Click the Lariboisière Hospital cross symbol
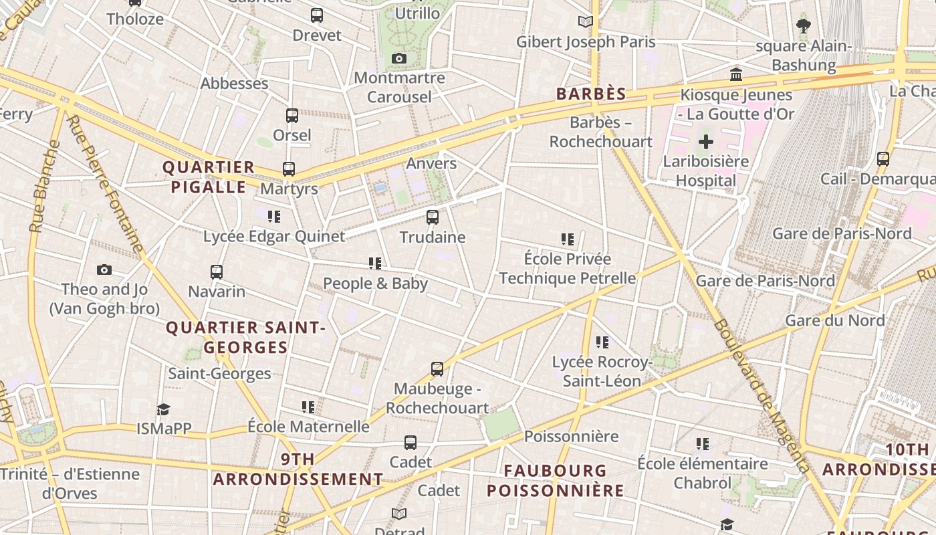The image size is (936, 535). click(706, 142)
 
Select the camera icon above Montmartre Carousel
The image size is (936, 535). click(399, 59)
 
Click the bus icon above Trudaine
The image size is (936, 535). click(433, 217)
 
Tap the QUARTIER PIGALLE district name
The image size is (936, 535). click(209, 177)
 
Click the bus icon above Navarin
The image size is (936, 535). click(216, 272)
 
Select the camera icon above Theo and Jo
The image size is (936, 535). click(104, 270)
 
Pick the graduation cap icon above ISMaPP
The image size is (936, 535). click(163, 409)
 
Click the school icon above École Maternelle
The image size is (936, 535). click(308, 407)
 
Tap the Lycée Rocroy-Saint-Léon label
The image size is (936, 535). click(602, 371)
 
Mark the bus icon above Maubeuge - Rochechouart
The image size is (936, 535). click(437, 369)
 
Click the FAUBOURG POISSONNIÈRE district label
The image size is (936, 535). click(555, 480)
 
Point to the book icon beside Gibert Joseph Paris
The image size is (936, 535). click(586, 21)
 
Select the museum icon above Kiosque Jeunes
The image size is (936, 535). click(736, 74)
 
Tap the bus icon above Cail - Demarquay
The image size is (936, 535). click(883, 159)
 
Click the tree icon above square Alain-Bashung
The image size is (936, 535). click(804, 26)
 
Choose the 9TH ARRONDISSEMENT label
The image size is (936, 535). click(298, 469)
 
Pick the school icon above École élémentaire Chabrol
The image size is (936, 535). click(702, 443)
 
